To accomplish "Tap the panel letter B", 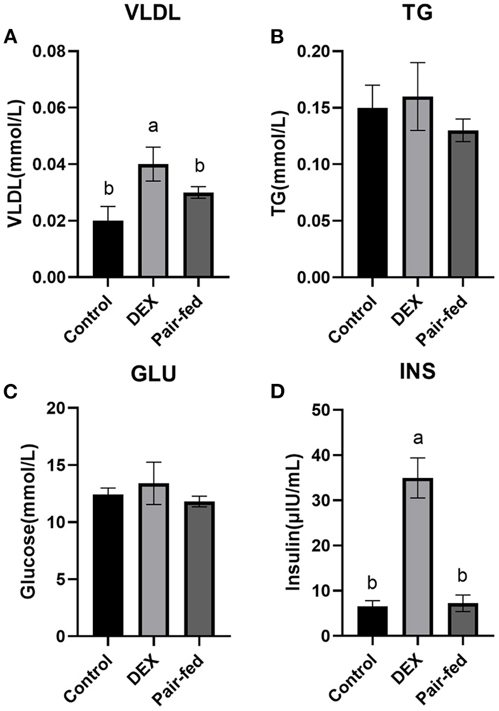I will pos(278,37).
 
